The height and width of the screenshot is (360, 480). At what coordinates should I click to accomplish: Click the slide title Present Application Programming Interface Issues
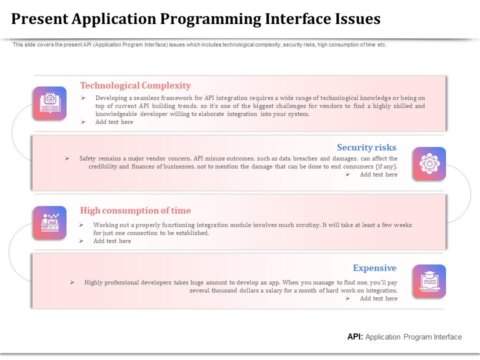(195, 19)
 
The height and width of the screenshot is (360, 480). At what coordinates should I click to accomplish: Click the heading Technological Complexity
(135, 85)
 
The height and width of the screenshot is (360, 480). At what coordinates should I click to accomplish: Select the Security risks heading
(366, 147)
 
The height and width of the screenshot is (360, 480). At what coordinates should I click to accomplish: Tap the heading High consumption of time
(135, 210)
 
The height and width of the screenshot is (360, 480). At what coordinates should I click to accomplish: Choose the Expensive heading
(374, 268)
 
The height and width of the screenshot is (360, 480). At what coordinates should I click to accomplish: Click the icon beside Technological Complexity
(49, 103)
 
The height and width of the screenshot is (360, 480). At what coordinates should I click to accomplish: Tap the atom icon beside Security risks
(429, 163)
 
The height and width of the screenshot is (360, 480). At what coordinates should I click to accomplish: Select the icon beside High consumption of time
(49, 222)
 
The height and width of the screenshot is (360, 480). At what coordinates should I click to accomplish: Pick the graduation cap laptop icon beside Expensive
(429, 281)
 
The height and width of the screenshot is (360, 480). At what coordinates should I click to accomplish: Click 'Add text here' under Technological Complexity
(114, 122)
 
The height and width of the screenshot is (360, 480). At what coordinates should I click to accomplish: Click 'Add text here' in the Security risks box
(378, 174)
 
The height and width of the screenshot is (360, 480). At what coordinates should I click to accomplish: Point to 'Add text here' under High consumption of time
(112, 241)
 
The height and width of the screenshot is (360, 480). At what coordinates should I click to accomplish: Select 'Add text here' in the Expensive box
(378, 298)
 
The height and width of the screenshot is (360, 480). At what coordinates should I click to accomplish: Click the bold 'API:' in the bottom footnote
(355, 337)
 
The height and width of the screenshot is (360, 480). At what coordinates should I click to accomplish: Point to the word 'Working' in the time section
(104, 225)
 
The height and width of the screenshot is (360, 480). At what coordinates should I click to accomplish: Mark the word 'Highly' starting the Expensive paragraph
(93, 282)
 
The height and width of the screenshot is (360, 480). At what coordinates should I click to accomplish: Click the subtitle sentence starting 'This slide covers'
(199, 44)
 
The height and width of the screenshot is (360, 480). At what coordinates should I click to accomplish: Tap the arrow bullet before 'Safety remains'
(67, 158)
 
